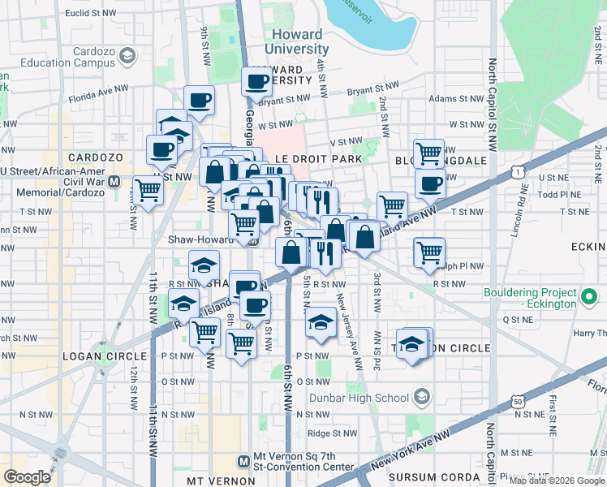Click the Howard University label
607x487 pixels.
(297, 41)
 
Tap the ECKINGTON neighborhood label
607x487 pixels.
(583, 247)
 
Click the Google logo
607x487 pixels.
(28, 477)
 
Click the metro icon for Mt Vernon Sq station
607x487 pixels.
(243, 461)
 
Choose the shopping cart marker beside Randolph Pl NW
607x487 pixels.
(428, 252)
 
